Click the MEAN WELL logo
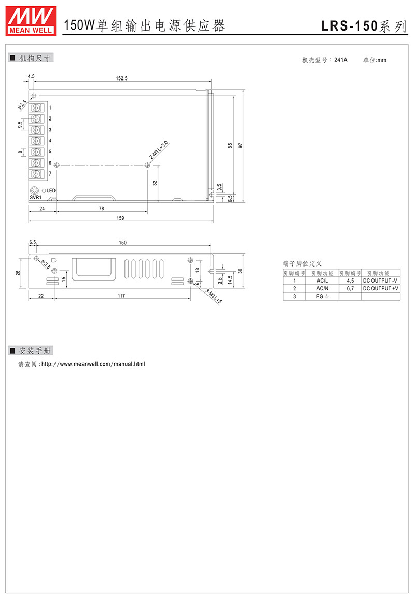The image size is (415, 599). [31, 21]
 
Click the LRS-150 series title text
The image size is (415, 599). [364, 25]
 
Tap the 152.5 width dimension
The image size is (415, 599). [122, 78]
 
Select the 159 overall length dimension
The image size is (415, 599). [120, 218]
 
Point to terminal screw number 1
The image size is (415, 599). [36, 108]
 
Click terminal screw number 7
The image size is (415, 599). [36, 174]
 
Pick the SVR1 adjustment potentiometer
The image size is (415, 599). [35, 190]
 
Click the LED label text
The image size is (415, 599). [51, 190]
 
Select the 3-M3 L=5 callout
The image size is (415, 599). [214, 297]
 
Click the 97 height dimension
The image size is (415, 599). [240, 145]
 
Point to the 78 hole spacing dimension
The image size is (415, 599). [102, 208]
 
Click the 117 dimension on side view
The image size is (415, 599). [121, 295]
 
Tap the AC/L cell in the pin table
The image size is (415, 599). [322, 281]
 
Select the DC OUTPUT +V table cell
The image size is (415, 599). [381, 288]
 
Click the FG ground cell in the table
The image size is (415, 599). [322, 296]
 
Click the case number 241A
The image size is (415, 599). [341, 60]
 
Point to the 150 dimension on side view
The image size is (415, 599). [122, 243]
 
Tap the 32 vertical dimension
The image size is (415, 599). [155, 183]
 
